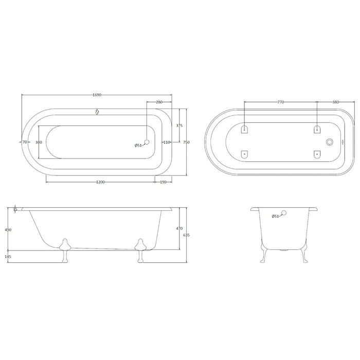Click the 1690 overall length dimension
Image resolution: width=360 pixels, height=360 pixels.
tap(97, 95)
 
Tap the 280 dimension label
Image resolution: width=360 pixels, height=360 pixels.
tap(159, 102)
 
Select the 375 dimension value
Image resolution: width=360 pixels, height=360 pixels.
tap(179, 125)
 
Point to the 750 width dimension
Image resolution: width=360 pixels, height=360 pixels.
tap(186, 142)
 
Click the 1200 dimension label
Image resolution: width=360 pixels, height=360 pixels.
tap(100, 182)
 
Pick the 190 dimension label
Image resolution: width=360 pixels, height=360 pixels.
tap(163, 182)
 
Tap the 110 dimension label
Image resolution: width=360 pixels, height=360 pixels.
tap(167, 142)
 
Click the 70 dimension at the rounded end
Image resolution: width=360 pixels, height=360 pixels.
tap(25, 142)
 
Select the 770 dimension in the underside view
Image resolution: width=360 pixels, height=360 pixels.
tap(281, 102)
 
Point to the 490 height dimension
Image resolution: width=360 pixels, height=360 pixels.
tap(8, 230)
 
